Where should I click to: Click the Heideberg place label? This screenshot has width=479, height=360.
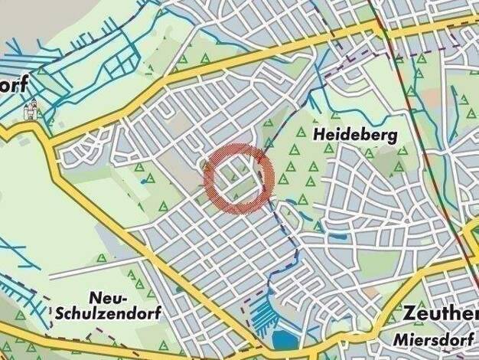pyautogui.click(x=355, y=136)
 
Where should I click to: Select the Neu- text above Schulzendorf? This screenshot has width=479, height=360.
pyautogui.click(x=109, y=296)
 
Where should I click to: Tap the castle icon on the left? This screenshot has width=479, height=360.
pyautogui.click(x=32, y=111)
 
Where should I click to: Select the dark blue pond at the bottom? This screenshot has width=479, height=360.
pyautogui.click(x=284, y=339)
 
